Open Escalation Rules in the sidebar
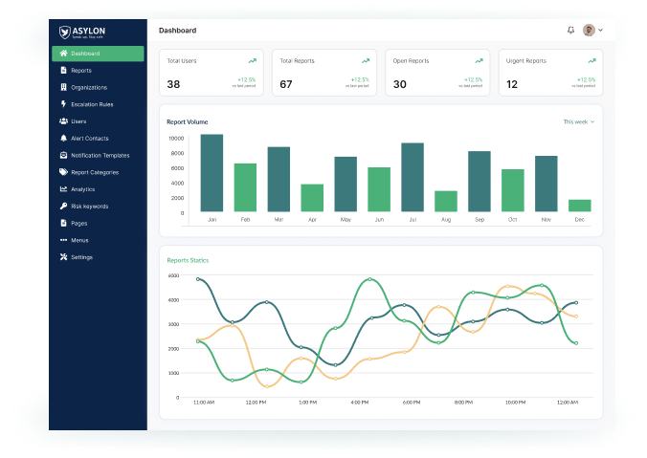[x=92, y=104]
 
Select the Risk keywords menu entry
[x=89, y=207]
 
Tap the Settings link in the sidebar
[x=81, y=257]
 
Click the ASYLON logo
[x=84, y=32]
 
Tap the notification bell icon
[x=571, y=31]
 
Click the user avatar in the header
[x=589, y=31]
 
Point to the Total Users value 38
[x=173, y=84]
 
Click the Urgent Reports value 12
[x=512, y=84]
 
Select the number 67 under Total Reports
[x=286, y=84]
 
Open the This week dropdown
[x=578, y=122]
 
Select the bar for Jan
[x=212, y=173]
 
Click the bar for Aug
[x=446, y=201]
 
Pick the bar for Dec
[x=579, y=206]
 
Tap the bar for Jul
[x=413, y=177]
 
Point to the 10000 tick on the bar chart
[x=175, y=138]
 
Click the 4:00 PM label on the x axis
[x=360, y=403]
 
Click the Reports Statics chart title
[x=188, y=260]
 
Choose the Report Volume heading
[x=187, y=122]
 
